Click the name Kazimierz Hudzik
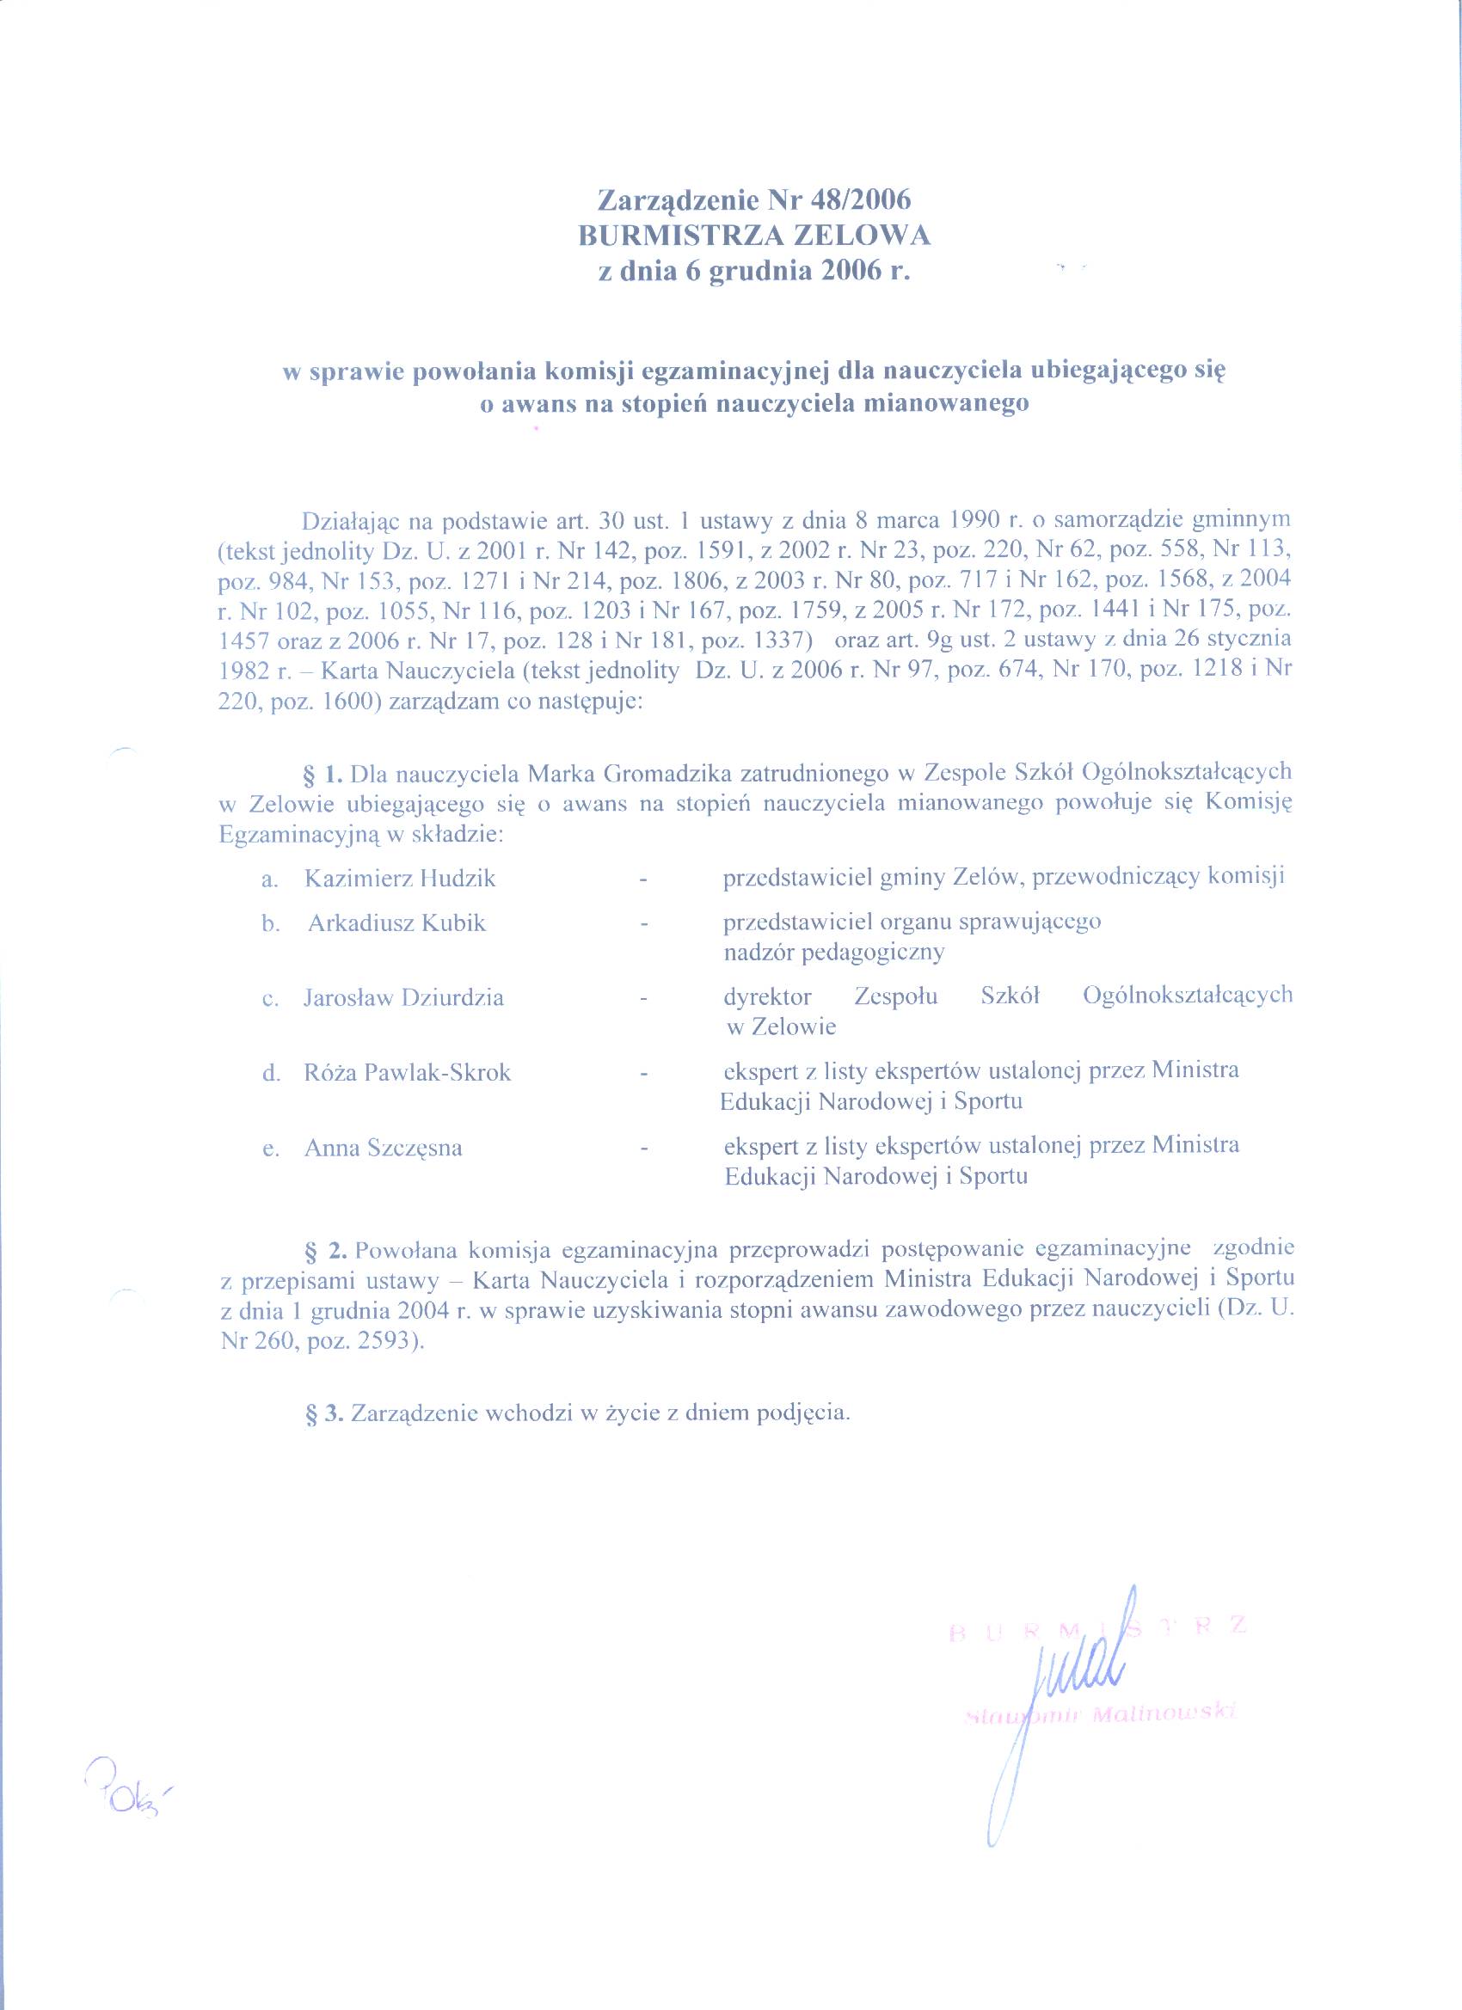pos(400,879)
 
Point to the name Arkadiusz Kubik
pos(397,922)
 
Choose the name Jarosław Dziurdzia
pos(403,997)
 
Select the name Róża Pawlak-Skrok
pos(408,1072)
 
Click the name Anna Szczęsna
pos(383,1148)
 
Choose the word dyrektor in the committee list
pos(768,997)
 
